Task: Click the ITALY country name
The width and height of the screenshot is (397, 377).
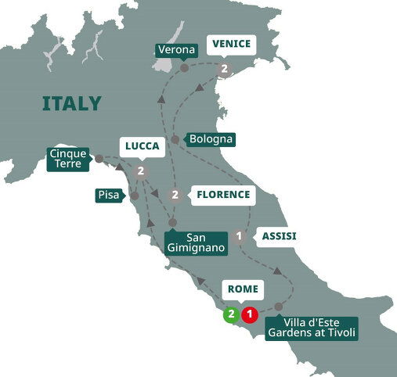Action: pyautogui.click(x=71, y=103)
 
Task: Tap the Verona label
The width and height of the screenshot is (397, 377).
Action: pyautogui.click(x=177, y=50)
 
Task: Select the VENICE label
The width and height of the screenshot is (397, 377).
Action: pyautogui.click(x=230, y=44)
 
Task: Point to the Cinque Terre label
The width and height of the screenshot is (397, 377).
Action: pyautogui.click(x=68, y=158)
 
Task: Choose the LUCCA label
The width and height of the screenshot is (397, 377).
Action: pyautogui.click(x=142, y=146)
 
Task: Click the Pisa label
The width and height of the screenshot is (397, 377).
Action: pyautogui.click(x=109, y=194)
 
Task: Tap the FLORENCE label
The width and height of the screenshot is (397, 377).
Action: pyautogui.click(x=223, y=194)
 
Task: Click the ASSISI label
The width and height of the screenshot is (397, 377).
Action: pyautogui.click(x=278, y=235)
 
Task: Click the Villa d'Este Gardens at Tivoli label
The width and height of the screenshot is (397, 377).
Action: pyautogui.click(x=312, y=328)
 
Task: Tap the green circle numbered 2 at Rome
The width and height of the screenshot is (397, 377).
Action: pyautogui.click(x=231, y=315)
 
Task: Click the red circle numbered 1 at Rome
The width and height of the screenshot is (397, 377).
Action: pyautogui.click(x=249, y=315)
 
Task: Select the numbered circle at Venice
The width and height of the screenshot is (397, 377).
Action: pyautogui.click(x=224, y=70)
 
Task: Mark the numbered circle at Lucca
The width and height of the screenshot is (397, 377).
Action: pyautogui.click(x=141, y=171)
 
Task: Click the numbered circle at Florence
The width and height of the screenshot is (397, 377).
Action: pyautogui.click(x=175, y=195)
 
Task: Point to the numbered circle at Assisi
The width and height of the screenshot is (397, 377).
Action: pyautogui.click(x=240, y=234)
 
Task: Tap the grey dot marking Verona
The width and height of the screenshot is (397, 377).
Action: pyautogui.click(x=184, y=68)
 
